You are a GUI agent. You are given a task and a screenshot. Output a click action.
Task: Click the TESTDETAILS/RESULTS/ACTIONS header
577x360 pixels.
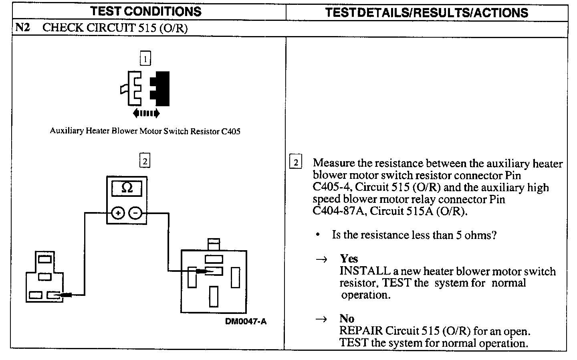(x=426, y=12)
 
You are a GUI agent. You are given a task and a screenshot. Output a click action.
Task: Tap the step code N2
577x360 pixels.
(x=22, y=28)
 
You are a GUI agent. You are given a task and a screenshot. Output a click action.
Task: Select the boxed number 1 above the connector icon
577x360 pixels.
(x=145, y=59)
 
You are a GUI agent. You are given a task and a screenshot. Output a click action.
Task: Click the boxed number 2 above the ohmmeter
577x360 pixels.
(x=145, y=161)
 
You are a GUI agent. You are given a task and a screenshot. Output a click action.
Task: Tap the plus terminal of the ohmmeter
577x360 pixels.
(x=118, y=213)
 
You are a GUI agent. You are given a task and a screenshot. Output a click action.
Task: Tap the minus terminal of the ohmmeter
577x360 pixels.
(x=136, y=213)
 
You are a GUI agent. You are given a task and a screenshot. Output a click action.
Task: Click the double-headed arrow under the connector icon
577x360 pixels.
(x=146, y=113)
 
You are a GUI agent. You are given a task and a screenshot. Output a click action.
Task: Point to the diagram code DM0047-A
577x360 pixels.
(x=246, y=321)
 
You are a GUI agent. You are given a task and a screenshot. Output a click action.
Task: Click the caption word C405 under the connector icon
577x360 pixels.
(x=231, y=131)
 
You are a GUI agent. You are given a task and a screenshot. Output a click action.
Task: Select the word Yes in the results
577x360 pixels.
(x=349, y=259)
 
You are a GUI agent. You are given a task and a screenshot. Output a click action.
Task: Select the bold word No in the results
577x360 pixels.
(x=347, y=319)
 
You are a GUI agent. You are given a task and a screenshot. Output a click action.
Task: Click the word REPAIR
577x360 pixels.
(x=361, y=331)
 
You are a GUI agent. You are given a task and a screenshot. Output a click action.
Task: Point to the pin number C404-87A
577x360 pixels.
(x=338, y=211)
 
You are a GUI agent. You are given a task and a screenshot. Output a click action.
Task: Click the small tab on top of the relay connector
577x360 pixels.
(x=213, y=244)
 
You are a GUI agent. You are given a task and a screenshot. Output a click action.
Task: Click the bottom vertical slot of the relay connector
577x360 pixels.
(x=214, y=296)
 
